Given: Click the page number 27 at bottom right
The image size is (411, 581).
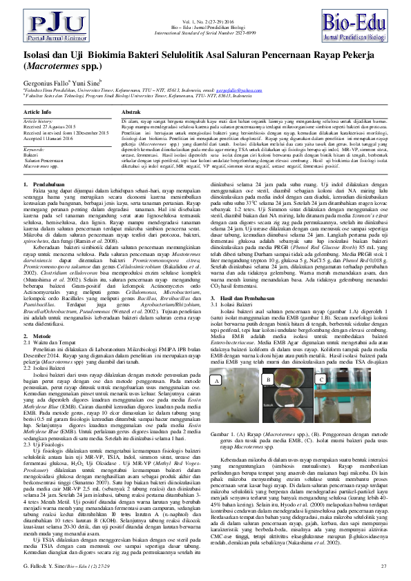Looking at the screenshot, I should pyautogui.click(x=383, y=566).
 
